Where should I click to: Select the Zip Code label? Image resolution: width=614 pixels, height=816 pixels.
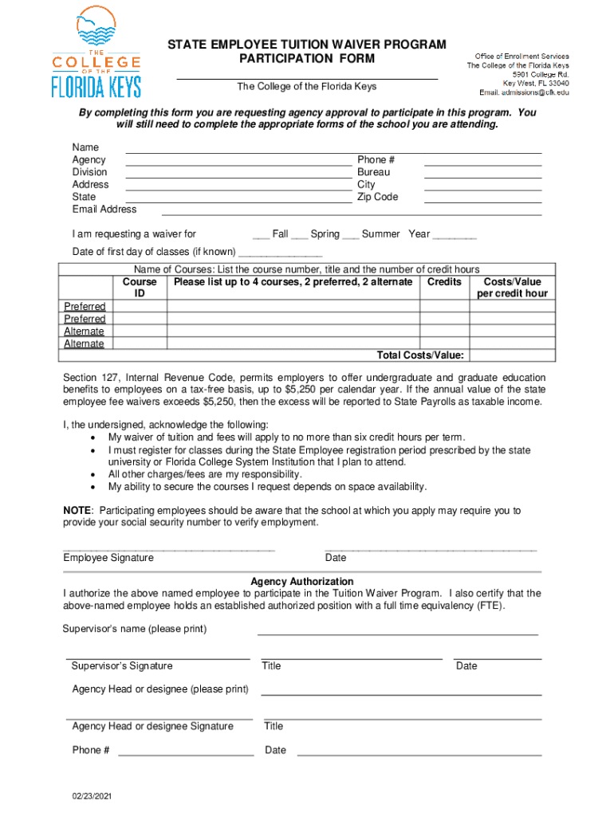coord(377,197)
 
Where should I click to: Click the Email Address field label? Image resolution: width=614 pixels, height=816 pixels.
coord(104,210)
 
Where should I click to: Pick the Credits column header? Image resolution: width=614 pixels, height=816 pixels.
coord(444,282)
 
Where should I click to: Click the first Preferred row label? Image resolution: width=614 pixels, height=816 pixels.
coord(85,307)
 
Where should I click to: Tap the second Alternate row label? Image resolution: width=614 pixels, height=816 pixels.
coord(84,344)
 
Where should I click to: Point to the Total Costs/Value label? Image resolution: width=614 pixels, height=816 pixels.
coord(420,355)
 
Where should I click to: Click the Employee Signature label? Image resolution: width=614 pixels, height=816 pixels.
coord(108,558)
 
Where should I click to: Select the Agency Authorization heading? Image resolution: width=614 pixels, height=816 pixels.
coord(302,582)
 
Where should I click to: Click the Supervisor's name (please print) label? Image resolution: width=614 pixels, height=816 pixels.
coord(135,629)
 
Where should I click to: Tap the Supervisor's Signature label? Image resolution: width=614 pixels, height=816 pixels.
coord(122,666)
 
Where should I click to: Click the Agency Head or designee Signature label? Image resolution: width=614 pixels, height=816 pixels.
coord(152,726)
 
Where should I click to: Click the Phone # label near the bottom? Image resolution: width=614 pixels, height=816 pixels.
coord(91,750)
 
